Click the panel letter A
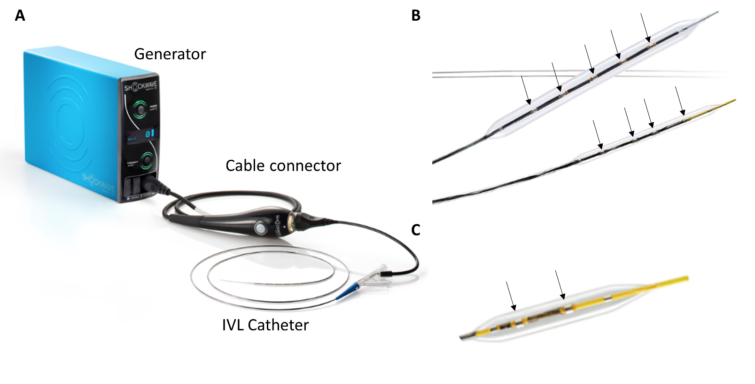(20, 16)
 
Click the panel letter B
(416, 16)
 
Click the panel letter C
(415, 230)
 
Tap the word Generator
(170, 55)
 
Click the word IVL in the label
(233, 325)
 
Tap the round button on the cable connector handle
(259, 229)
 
